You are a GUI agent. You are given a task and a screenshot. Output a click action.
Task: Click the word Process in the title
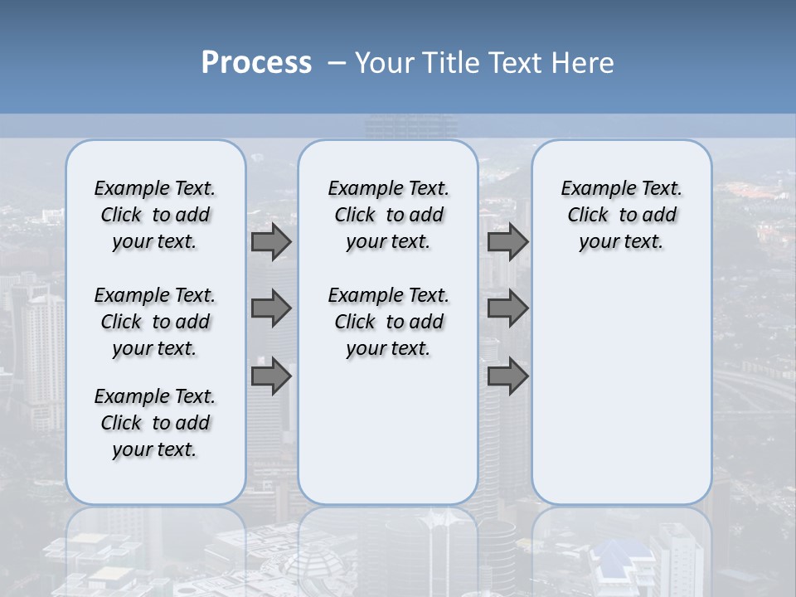(256, 62)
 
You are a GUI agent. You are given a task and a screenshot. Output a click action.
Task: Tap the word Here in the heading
(584, 63)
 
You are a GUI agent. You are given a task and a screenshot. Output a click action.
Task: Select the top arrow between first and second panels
(271, 241)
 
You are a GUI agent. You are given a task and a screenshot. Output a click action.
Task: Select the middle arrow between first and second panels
(271, 308)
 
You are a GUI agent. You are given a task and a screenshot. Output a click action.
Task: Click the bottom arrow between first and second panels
(271, 376)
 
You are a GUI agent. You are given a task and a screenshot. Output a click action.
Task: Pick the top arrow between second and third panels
(507, 241)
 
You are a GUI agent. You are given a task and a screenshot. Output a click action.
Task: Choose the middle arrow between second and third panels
(507, 308)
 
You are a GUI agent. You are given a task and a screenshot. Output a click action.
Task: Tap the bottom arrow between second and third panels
(507, 376)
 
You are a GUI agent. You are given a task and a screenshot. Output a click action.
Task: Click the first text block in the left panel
(155, 215)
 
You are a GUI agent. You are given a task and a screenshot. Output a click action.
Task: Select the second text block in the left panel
(155, 322)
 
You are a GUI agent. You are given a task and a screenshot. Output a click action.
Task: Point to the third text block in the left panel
(155, 423)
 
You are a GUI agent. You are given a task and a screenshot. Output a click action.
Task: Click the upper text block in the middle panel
(388, 215)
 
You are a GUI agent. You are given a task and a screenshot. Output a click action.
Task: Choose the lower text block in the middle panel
(388, 322)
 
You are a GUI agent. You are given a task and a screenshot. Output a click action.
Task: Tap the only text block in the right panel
(621, 215)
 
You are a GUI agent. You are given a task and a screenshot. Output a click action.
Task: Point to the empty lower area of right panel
(621, 390)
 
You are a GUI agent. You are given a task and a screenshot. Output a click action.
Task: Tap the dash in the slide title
(336, 63)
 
